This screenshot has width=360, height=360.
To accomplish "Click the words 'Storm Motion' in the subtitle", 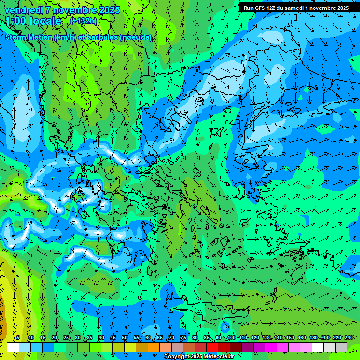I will (x=29, y=37).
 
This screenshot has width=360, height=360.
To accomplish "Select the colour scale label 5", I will (x=18, y=337).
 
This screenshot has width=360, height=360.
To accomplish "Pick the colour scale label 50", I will (x=125, y=337).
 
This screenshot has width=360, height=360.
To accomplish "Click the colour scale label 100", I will (x=231, y=337).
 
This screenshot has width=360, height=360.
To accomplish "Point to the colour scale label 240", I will (x=348, y=337).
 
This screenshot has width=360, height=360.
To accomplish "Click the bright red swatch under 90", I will (x=212, y=347).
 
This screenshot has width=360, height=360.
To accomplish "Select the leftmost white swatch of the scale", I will (x=13, y=347).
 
